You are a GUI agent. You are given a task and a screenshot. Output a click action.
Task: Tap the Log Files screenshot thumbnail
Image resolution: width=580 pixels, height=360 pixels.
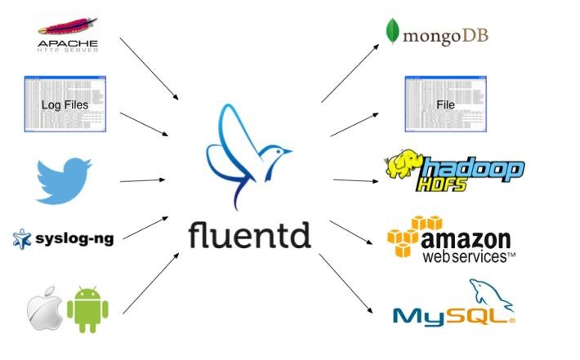[65, 104]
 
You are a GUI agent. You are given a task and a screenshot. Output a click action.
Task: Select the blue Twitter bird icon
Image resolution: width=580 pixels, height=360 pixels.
[64, 180]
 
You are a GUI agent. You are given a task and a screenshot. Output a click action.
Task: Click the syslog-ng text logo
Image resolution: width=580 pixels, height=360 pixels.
[74, 239]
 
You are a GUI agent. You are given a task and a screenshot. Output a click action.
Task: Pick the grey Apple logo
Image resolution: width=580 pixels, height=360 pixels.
[44, 309]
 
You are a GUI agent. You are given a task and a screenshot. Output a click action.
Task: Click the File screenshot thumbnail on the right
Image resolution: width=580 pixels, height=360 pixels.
[445, 104]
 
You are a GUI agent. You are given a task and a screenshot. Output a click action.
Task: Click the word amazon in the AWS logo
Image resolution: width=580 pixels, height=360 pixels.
[467, 239]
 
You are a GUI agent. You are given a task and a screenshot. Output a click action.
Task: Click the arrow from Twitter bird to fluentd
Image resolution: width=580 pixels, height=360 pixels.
[142, 180]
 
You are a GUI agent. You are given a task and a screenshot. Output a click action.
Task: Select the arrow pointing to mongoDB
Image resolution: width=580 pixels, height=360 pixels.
[350, 73]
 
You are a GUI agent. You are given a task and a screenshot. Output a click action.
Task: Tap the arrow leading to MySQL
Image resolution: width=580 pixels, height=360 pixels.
[347, 286]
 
